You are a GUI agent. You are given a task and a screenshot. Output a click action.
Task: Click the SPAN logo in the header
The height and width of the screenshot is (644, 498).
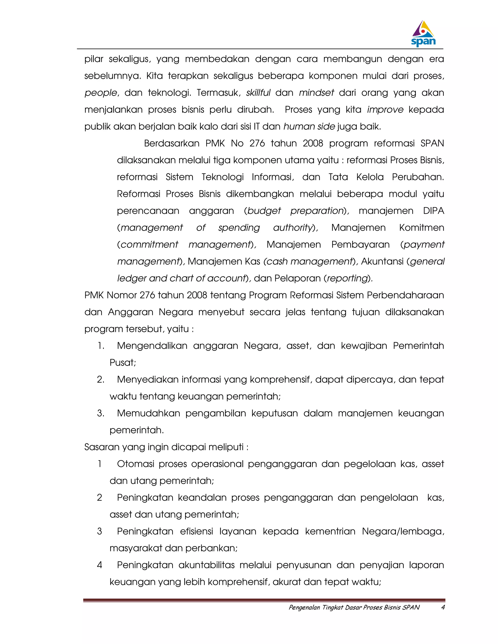tap(423, 34)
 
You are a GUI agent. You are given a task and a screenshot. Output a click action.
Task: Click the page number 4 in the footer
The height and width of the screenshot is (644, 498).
tap(443, 607)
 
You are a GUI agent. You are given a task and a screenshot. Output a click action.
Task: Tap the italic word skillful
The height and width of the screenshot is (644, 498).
tap(258, 93)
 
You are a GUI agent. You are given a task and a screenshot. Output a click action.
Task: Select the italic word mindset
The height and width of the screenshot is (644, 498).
tap(316, 93)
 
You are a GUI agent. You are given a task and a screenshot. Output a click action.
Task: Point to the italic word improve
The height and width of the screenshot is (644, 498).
tap(385, 110)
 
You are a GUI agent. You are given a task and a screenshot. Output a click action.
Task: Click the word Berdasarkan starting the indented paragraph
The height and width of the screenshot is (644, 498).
tap(171, 143)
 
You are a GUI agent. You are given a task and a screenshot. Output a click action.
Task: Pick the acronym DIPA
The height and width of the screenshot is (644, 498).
tap(433, 211)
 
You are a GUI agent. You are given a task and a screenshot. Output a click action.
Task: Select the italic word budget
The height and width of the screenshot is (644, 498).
tap(264, 211)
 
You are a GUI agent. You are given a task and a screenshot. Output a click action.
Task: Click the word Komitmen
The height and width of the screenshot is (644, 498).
tap(421, 228)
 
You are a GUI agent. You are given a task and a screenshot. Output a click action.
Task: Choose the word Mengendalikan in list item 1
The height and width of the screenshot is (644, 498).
tap(152, 346)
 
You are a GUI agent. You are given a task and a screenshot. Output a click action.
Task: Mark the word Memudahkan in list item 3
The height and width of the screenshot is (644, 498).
tap(148, 413)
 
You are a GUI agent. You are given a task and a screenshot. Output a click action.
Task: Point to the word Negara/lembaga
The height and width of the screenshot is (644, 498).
tap(403, 531)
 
